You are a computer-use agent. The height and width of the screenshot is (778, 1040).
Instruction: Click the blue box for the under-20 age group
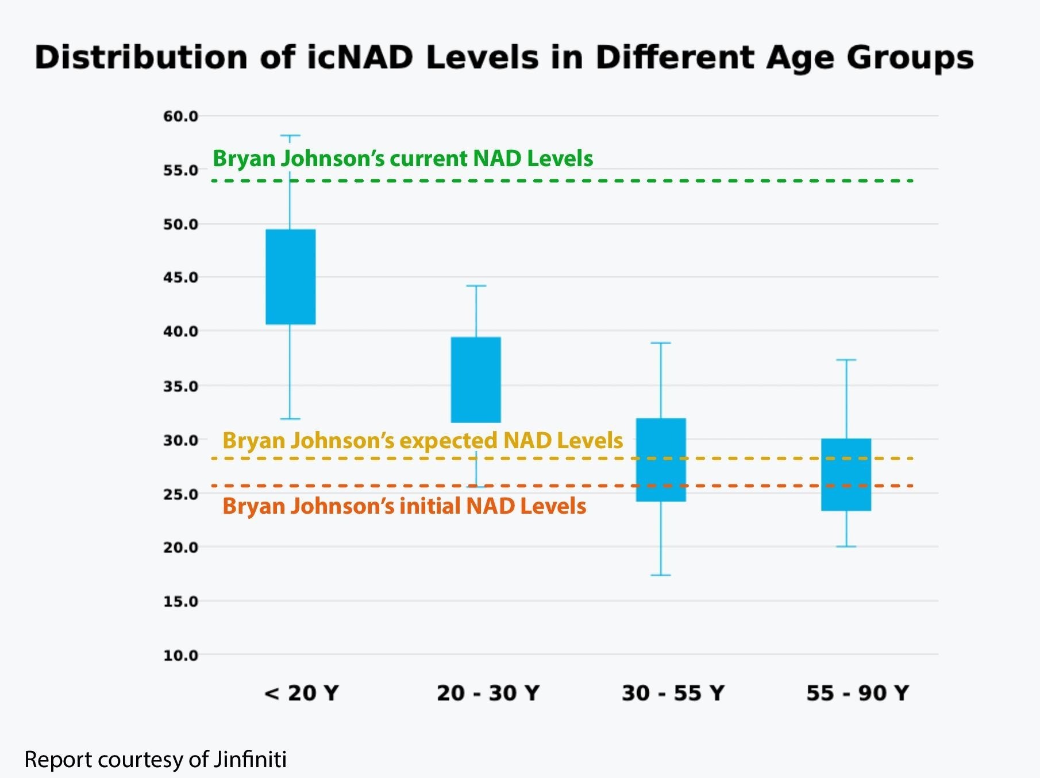(x=290, y=276)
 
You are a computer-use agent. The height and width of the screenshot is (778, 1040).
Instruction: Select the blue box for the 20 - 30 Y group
(x=476, y=379)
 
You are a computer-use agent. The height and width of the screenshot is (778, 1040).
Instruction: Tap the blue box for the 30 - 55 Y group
(x=661, y=460)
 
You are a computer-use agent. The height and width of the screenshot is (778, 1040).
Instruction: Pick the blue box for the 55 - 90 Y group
(x=846, y=475)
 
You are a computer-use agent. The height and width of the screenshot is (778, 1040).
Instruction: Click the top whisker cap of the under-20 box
(x=290, y=136)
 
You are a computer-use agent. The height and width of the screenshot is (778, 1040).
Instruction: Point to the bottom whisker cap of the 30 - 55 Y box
(x=661, y=575)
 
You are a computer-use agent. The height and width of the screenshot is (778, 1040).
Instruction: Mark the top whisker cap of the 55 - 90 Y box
(x=846, y=360)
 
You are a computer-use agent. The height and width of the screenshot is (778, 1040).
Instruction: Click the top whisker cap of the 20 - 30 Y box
(x=476, y=286)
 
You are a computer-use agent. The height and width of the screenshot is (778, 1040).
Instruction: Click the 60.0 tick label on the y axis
(x=180, y=117)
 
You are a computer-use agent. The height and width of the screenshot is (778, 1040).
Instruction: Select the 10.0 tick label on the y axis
(x=180, y=655)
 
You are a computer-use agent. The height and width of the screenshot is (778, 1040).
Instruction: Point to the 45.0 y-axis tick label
(x=180, y=278)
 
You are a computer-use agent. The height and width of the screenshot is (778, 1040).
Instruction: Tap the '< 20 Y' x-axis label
(x=302, y=693)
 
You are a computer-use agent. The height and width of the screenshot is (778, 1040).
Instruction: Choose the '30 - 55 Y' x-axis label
(x=673, y=693)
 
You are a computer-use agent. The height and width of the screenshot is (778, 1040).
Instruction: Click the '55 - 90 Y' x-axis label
(x=857, y=693)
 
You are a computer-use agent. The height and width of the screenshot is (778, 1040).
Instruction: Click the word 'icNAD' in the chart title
(x=360, y=57)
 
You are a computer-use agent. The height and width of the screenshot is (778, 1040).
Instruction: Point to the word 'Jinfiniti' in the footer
(x=250, y=760)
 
